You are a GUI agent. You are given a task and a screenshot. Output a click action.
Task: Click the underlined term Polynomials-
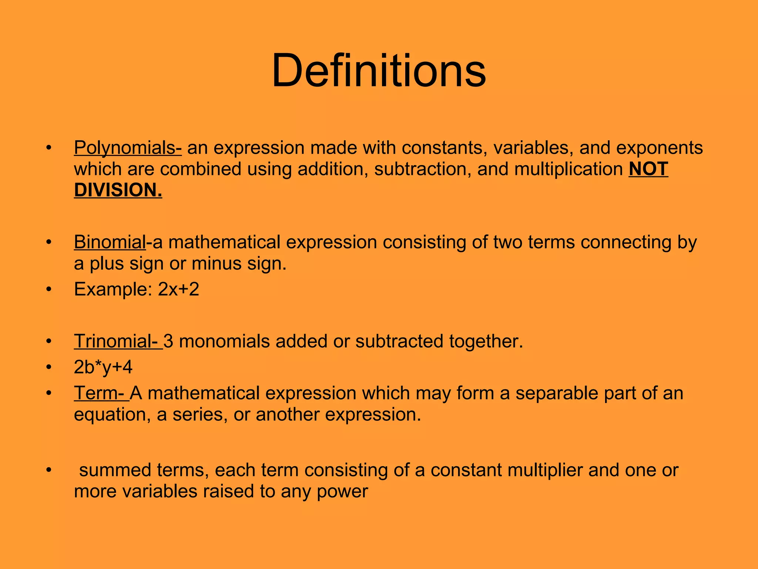point(128,148)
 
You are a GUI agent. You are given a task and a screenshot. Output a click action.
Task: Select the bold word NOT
point(648,169)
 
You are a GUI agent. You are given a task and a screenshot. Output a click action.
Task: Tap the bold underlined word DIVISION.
point(118,190)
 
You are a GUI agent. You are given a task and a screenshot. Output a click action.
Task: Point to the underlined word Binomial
point(110,242)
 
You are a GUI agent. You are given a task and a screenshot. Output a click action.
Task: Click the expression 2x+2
point(178,289)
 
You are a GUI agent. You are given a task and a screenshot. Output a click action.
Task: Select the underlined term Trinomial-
point(118,341)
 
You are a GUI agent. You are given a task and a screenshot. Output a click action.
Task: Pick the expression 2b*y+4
point(103,367)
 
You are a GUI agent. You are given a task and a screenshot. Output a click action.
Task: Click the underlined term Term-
point(101,393)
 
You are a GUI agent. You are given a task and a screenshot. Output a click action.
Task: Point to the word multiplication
point(568,169)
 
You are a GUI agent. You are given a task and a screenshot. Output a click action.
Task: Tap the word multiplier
point(544,470)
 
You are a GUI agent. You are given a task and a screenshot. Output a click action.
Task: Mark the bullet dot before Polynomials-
point(48,148)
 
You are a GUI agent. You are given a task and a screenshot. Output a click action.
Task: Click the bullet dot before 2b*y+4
point(48,367)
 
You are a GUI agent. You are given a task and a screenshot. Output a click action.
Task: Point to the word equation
point(112,415)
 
